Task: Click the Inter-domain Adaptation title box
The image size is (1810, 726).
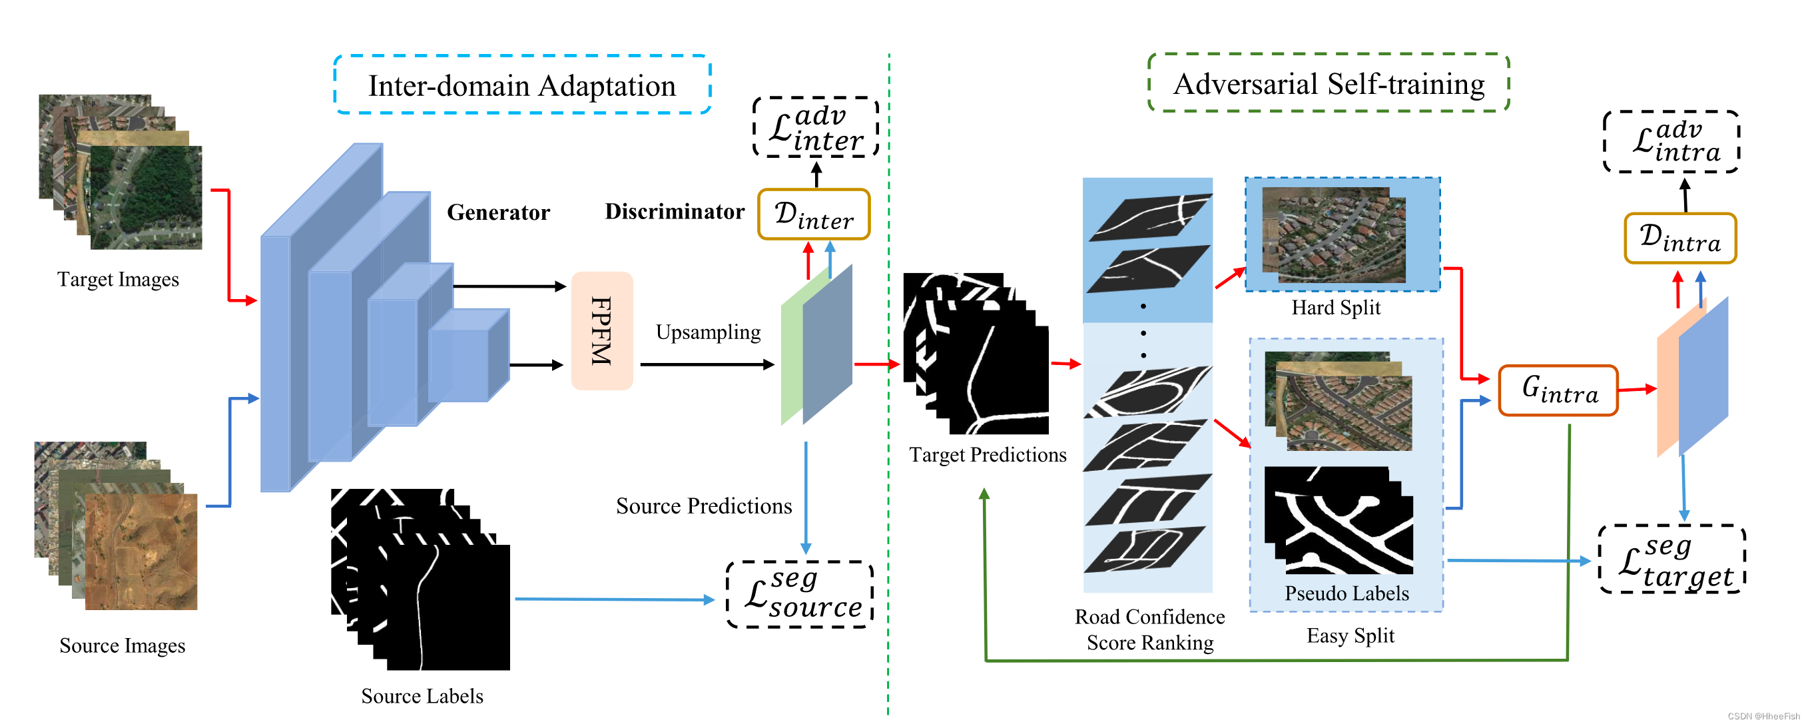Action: coord(522,85)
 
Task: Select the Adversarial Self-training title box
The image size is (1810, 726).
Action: coord(1328,83)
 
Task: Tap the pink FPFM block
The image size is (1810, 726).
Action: coord(601,331)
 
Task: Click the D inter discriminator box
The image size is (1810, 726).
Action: coord(814,214)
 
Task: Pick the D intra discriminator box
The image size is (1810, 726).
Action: coord(1679,239)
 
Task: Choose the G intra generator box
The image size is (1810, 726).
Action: coord(1558,391)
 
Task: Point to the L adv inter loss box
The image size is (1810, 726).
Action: coord(816,127)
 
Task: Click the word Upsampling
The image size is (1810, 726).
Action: coord(708,332)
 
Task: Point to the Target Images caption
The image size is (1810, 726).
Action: coord(118,280)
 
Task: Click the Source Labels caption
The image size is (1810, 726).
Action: coord(422,696)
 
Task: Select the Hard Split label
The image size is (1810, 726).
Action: coord(1335,308)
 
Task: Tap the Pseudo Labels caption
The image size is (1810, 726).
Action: coord(1347,593)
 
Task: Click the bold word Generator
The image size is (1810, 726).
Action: coord(498,212)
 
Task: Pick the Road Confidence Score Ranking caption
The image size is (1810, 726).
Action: coord(1149,629)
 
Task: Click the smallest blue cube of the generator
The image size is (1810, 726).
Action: coord(467,357)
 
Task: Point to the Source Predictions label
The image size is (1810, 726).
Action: coord(703,506)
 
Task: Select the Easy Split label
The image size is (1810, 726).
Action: coord(1350,635)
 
